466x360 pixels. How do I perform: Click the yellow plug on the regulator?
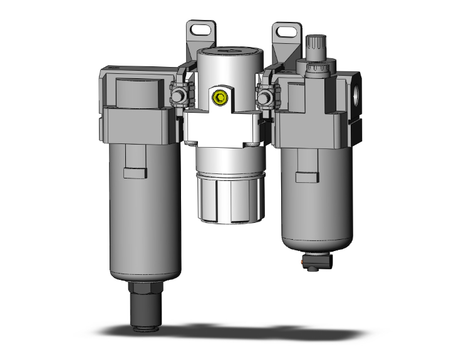(220, 98)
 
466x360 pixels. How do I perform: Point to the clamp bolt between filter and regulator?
(178, 97)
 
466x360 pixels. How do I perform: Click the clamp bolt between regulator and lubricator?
(265, 97)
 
